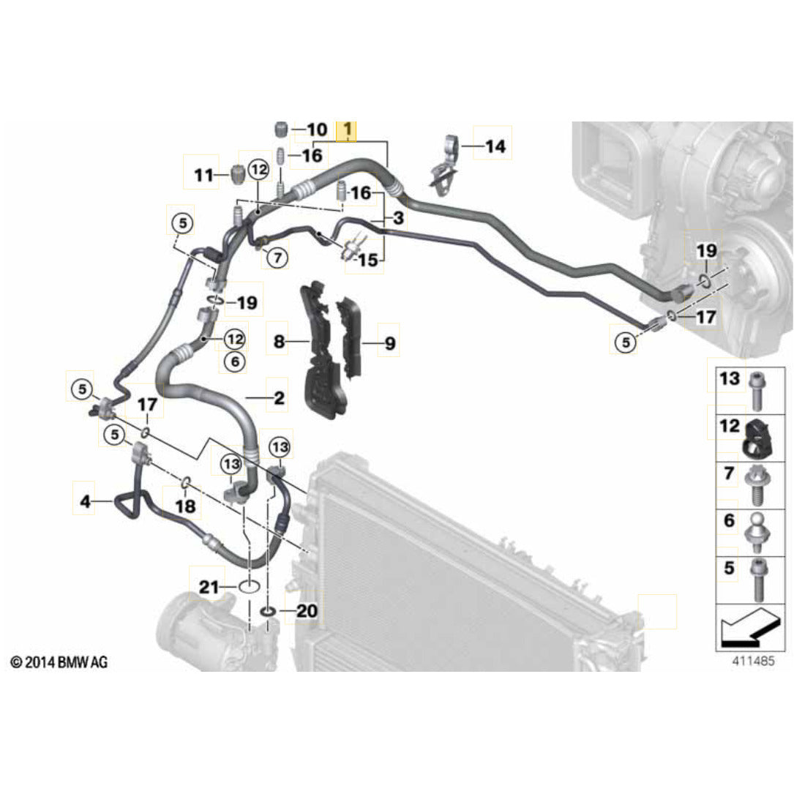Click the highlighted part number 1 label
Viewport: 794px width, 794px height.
(346, 132)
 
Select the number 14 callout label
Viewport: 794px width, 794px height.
(495, 146)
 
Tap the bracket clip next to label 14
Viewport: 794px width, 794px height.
(444, 165)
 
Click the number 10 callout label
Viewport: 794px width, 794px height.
(316, 130)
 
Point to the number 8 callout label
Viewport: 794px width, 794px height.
(278, 341)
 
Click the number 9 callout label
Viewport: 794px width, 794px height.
(389, 342)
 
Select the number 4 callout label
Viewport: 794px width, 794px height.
(86, 502)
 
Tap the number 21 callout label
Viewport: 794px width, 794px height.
(209, 586)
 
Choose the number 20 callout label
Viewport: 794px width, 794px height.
(307, 610)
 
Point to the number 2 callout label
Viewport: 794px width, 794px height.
(279, 398)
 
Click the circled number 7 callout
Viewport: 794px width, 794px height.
(277, 257)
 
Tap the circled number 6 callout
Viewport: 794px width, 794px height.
(234, 361)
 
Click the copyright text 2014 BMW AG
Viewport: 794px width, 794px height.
(59, 662)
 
